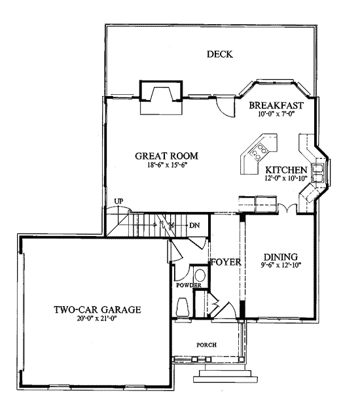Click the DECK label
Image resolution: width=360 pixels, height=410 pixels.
point(220,54)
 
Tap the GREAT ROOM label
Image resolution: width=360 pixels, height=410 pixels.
point(166,156)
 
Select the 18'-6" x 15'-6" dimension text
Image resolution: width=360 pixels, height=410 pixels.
point(166,165)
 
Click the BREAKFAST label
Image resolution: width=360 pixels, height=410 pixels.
point(276,105)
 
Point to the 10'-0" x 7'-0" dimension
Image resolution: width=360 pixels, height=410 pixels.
point(276,114)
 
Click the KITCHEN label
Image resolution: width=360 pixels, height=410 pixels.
point(286,170)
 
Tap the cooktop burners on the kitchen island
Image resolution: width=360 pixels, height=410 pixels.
point(259,152)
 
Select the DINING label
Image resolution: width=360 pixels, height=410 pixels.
point(281,257)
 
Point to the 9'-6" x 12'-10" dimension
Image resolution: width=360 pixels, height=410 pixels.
point(281,265)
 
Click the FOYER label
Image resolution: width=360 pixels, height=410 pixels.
point(226,262)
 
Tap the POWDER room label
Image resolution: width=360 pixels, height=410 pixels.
point(189,285)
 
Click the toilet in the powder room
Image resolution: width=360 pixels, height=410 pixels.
point(183,307)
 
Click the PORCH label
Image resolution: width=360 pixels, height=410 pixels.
point(207,345)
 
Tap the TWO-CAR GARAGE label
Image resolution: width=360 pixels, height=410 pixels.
point(98,309)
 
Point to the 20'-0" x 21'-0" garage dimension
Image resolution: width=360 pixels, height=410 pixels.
point(97,318)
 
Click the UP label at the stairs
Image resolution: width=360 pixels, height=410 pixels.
point(119,201)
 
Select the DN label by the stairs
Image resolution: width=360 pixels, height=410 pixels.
point(194,225)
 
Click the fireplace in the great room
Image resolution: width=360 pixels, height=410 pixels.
point(160,94)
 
